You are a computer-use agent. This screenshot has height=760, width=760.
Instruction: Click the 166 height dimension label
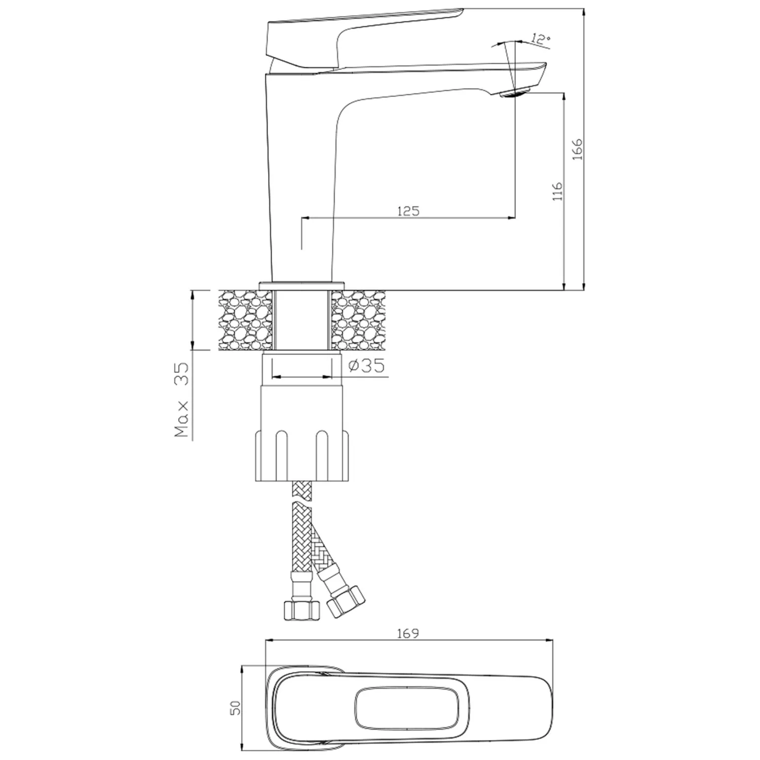[x=578, y=149]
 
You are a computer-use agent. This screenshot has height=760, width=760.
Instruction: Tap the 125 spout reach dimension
[x=408, y=211]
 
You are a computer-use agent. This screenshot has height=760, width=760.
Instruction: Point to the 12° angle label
[x=541, y=39]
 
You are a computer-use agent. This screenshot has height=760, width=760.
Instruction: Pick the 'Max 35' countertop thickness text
[x=181, y=400]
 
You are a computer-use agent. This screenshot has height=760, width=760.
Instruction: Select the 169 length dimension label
[x=408, y=633]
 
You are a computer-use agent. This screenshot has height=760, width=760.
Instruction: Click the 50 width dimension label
[x=235, y=708]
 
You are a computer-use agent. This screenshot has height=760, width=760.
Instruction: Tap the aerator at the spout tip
[x=515, y=93]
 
